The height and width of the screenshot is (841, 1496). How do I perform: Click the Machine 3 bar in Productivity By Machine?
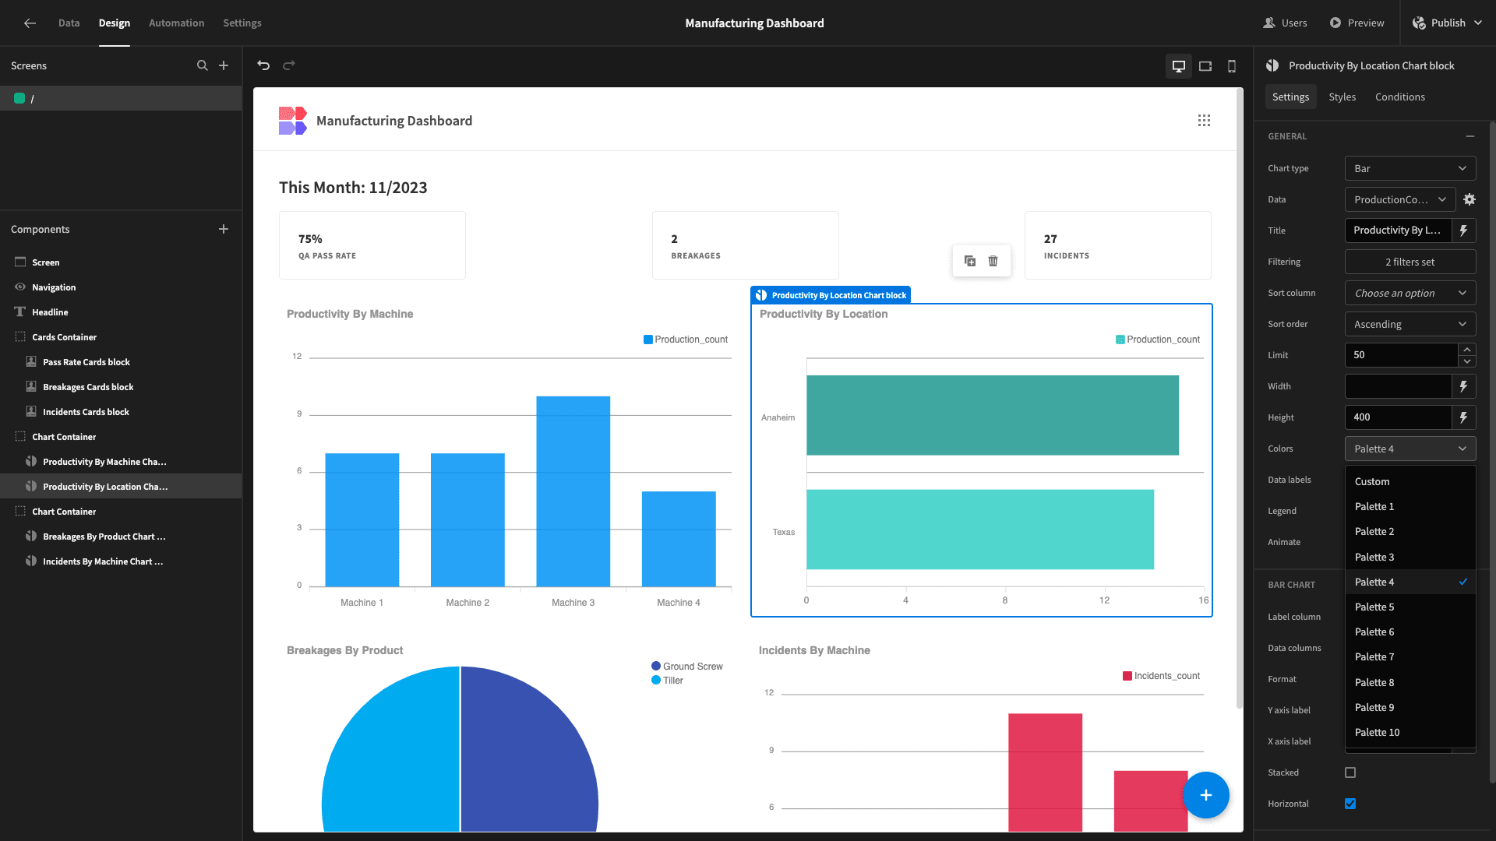click(x=573, y=491)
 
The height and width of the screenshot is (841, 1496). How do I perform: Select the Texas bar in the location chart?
click(x=979, y=530)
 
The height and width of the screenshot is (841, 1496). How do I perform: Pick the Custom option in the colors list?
click(x=1372, y=482)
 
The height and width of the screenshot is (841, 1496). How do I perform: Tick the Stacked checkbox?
click(x=1350, y=772)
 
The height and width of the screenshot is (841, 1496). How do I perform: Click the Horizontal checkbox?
click(x=1350, y=804)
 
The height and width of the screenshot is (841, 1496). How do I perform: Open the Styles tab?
click(x=1342, y=97)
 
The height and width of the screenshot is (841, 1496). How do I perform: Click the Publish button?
click(x=1447, y=23)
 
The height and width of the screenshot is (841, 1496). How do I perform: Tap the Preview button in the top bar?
click(x=1357, y=23)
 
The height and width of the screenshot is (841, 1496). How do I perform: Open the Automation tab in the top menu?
click(x=177, y=23)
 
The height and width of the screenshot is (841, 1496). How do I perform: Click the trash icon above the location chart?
click(x=993, y=261)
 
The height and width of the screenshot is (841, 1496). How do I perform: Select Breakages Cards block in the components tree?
click(x=88, y=387)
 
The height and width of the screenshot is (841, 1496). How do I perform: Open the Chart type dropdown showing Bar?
click(x=1410, y=168)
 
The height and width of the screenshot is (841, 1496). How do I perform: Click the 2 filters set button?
click(x=1410, y=262)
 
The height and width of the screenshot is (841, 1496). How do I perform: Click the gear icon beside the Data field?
click(x=1469, y=199)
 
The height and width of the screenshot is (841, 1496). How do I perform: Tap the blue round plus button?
click(x=1205, y=795)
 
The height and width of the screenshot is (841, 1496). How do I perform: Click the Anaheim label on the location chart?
click(x=778, y=418)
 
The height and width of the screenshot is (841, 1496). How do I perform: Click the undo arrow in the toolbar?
click(x=263, y=65)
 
